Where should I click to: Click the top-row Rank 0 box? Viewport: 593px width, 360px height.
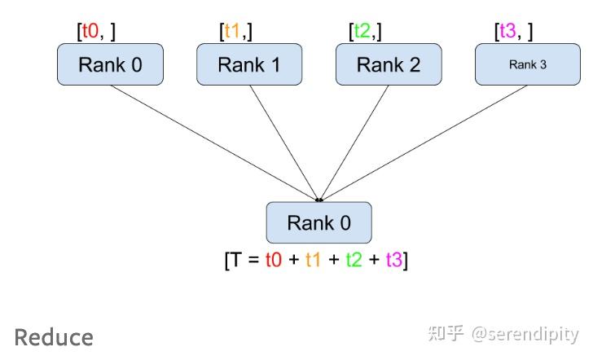110,64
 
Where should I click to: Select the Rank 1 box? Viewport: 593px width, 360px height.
249,64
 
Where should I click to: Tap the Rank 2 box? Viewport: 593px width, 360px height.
389,64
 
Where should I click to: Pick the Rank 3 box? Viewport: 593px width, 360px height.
528,64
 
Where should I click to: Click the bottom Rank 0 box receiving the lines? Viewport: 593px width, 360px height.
319,222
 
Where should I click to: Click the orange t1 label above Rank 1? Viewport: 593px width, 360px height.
234,32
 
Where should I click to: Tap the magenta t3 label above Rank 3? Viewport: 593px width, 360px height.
507,32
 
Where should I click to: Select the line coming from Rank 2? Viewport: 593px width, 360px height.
354,142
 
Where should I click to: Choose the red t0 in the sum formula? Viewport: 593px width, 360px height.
275,261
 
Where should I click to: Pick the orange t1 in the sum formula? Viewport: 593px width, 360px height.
313,261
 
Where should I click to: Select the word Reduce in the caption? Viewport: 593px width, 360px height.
54,337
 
